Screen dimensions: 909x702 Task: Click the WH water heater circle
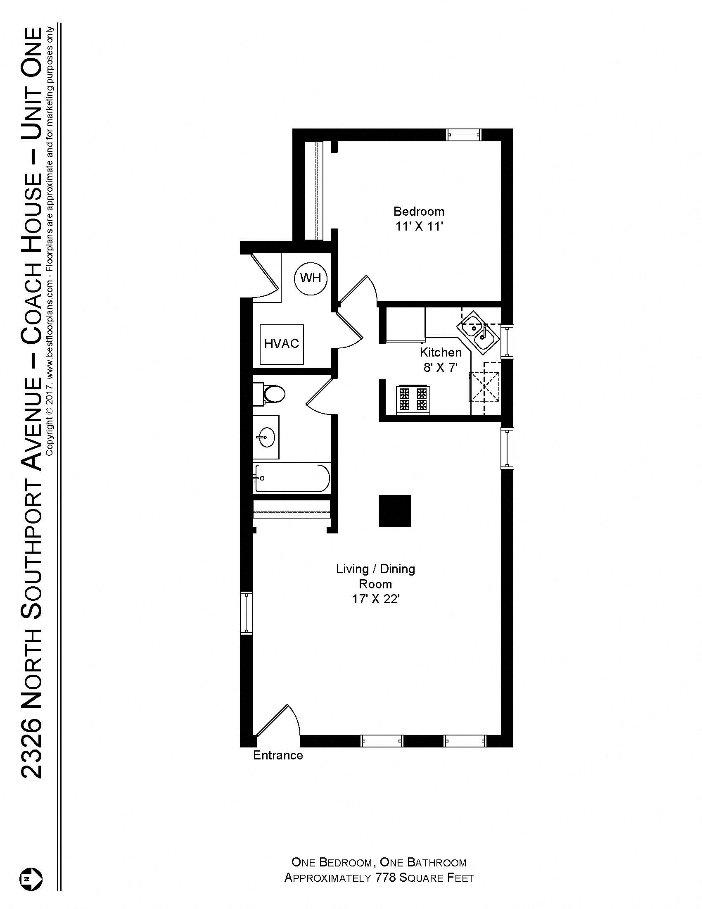[310, 278]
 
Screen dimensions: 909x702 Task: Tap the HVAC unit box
[282, 344]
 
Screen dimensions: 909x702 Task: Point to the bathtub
[292, 478]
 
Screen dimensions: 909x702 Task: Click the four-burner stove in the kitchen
[413, 399]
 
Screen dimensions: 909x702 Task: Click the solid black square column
[395, 511]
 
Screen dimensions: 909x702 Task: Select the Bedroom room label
[419, 212]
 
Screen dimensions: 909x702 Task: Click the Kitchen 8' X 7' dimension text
[441, 367]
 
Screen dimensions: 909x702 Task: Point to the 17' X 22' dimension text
[375, 600]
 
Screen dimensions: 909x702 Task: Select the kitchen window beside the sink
[507, 341]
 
